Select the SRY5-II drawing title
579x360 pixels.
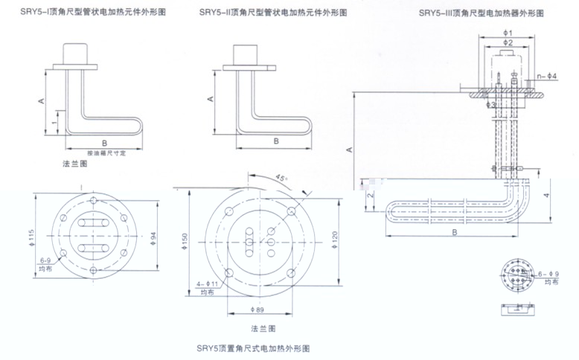click(265, 13)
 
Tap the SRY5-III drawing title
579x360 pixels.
click(480, 13)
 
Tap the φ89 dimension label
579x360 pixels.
click(257, 310)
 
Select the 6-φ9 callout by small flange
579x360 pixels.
click(548, 274)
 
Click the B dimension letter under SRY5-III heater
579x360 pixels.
click(453, 232)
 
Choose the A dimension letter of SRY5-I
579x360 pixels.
click(40, 99)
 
